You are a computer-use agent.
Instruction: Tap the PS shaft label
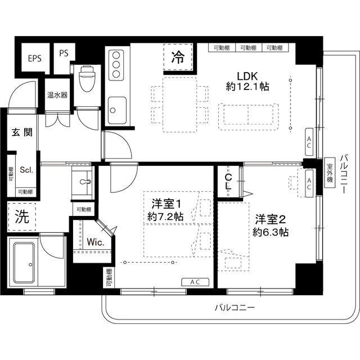pos(63,54)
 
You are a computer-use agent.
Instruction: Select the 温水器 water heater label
pos(57,95)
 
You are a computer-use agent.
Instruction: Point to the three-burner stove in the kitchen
pos(116,66)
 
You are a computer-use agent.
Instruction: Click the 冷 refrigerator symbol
pos(177,57)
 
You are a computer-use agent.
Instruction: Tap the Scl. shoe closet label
pos(26,169)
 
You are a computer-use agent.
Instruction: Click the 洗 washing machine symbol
pos(21,218)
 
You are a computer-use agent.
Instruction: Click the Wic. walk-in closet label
pos(94,242)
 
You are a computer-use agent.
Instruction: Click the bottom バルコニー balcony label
pos(235,308)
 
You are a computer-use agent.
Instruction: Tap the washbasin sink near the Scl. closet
pos(85,183)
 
